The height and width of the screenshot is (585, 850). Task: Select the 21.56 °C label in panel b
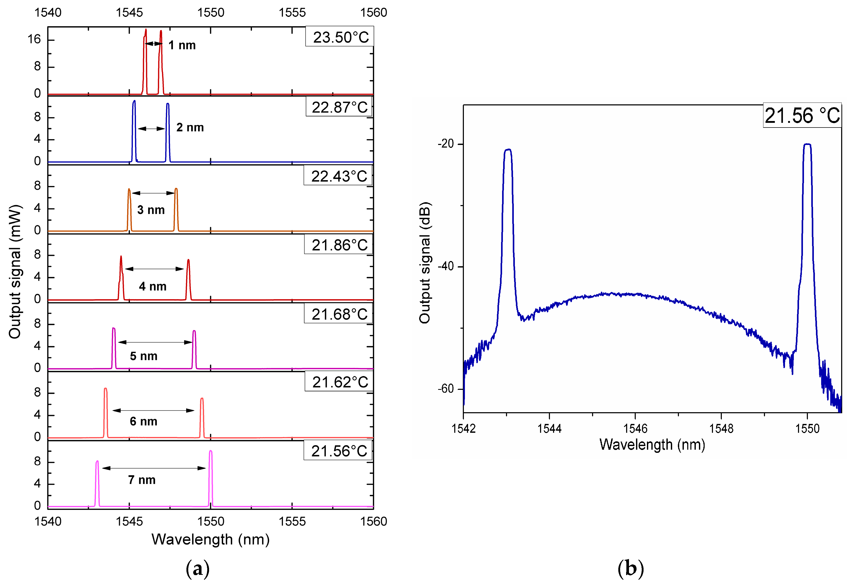(802, 116)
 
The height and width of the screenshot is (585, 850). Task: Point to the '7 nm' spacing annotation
(142, 480)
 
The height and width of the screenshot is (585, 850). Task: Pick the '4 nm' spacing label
(153, 286)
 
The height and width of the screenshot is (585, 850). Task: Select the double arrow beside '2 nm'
(151, 129)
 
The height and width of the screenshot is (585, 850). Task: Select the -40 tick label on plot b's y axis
(446, 266)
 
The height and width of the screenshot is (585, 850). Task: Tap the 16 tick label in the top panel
(34, 39)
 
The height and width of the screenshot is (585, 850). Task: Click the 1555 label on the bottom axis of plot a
(292, 522)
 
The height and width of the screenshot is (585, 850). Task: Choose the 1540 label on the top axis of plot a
(48, 13)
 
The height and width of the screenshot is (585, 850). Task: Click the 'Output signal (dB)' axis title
(425, 263)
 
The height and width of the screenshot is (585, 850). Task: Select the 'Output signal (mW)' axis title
(15, 272)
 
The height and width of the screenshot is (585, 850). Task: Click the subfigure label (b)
(630, 569)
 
